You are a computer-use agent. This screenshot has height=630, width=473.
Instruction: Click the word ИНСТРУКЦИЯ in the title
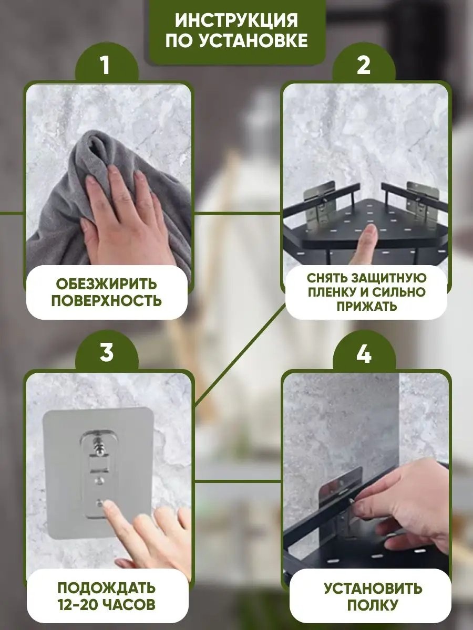(x=236, y=20)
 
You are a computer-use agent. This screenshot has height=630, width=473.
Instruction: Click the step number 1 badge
(x=106, y=65)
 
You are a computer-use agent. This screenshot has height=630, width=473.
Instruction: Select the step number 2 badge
(x=364, y=65)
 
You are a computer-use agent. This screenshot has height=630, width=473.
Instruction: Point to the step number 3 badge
(x=107, y=352)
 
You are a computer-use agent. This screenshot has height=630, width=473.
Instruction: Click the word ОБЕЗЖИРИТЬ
(x=107, y=284)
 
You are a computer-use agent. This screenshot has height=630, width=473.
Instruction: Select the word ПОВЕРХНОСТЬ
(x=107, y=301)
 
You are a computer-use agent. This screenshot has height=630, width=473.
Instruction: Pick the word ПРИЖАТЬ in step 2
(x=367, y=306)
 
